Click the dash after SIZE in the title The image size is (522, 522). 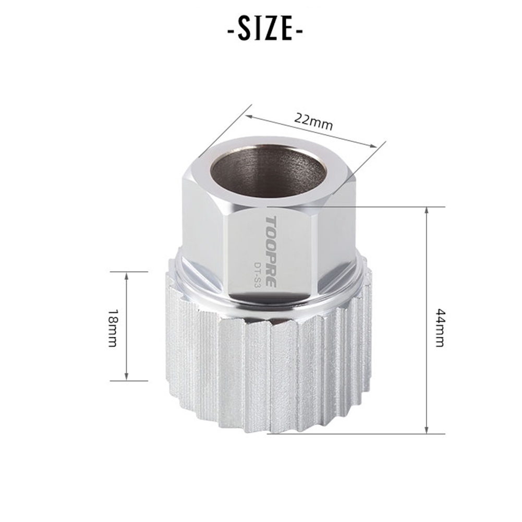click(299, 30)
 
